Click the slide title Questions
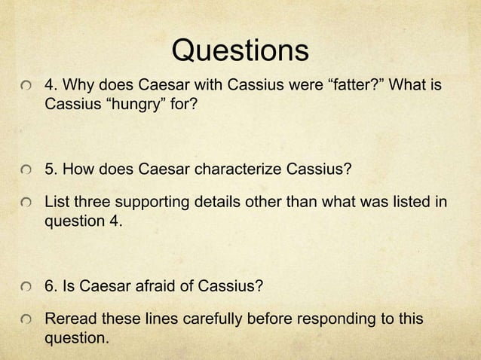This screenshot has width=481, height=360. (x=240, y=50)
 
